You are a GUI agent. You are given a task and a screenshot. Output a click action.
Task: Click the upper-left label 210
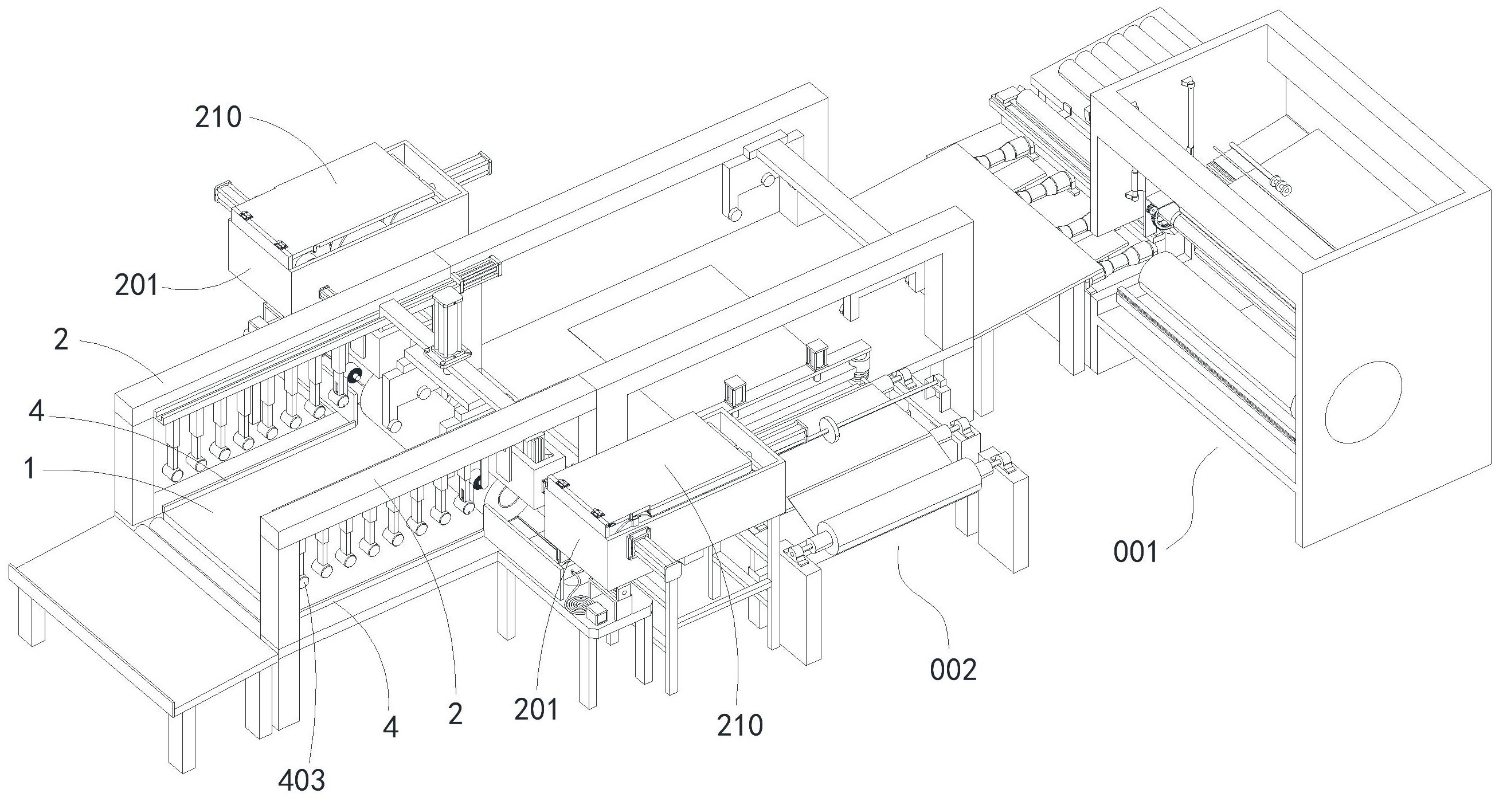pyautogui.click(x=218, y=117)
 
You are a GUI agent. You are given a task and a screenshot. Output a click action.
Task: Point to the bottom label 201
pyautogui.click(x=536, y=709)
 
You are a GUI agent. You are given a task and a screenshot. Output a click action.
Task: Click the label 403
pyautogui.click(x=302, y=780)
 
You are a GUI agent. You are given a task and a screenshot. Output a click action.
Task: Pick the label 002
pyautogui.click(x=953, y=671)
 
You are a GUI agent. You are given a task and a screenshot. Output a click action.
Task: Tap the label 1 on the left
pyautogui.click(x=30, y=469)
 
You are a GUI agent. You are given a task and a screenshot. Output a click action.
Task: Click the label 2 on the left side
pyautogui.click(x=61, y=340)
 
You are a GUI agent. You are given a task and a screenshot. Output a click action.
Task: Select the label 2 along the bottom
pyautogui.click(x=455, y=714)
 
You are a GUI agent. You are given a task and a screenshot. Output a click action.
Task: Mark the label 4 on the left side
pyautogui.click(x=37, y=412)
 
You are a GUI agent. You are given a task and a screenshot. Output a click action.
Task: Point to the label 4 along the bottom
pyautogui.click(x=390, y=727)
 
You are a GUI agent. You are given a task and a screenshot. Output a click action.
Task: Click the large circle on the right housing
pyautogui.click(x=1363, y=402)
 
